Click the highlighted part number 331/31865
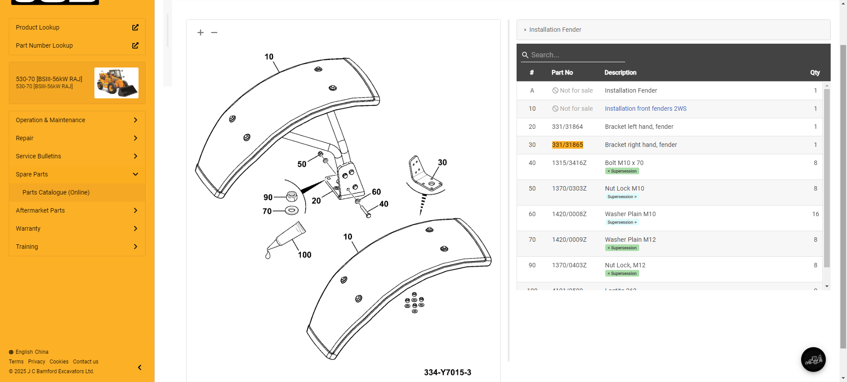pyautogui.click(x=567, y=145)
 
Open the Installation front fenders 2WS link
pyautogui.click(x=645, y=109)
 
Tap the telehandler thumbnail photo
pyautogui.click(x=116, y=83)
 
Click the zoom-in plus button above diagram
pyautogui.click(x=201, y=33)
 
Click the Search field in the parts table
pyautogui.click(x=573, y=55)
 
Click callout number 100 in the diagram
pyautogui.click(x=304, y=255)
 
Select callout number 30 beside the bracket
pyautogui.click(x=442, y=163)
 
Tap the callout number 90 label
pyautogui.click(x=268, y=197)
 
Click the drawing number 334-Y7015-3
pyautogui.click(x=447, y=372)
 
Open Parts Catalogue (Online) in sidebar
pyautogui.click(x=56, y=192)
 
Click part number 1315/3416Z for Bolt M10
pyautogui.click(x=569, y=163)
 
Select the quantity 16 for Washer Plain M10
pyautogui.click(x=815, y=214)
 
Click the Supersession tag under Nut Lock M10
pyautogui.click(x=622, y=197)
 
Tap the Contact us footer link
pyautogui.click(x=86, y=362)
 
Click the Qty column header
pyautogui.click(x=815, y=73)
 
